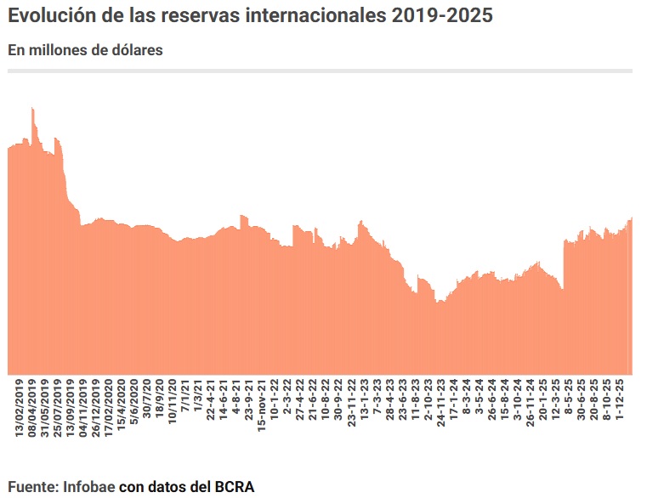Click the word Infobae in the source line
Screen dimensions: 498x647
pos(89,486)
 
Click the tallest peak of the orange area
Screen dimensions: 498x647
pos(32,109)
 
